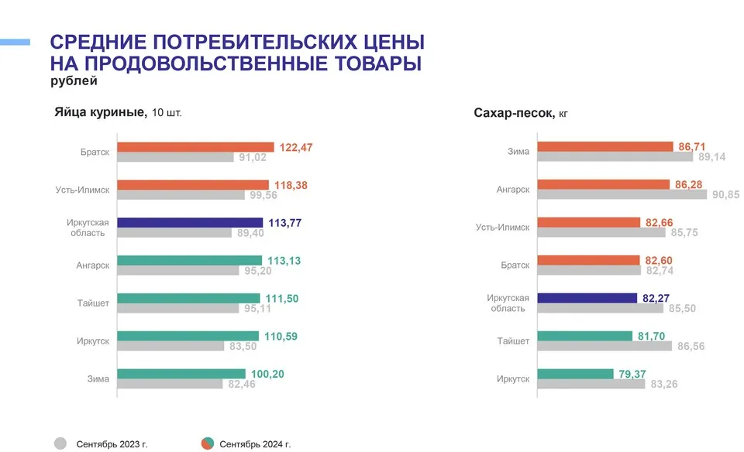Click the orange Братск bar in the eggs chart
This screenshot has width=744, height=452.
click(195, 147)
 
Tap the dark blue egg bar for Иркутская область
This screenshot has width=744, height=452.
click(190, 222)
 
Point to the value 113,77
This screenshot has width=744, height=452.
click(284, 223)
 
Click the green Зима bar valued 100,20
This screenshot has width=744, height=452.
click(181, 374)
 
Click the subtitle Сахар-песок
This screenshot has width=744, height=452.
click(514, 113)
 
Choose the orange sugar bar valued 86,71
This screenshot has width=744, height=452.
click(604, 146)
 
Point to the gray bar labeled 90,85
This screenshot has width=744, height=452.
click(622, 195)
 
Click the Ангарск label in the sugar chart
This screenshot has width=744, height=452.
click(513, 190)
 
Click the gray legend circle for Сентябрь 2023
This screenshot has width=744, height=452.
click(60, 443)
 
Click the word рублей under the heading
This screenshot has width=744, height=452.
click(73, 80)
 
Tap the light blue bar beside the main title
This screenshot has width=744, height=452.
click(15, 42)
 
